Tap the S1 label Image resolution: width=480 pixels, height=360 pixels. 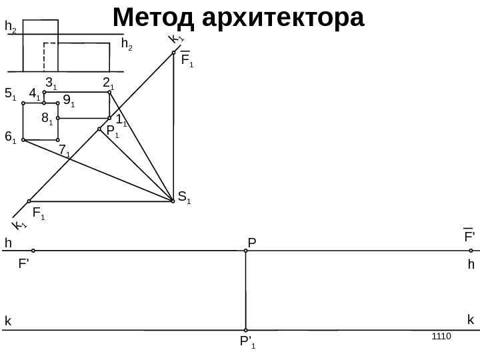pyautogui.click(x=184, y=197)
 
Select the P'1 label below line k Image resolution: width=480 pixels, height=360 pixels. pyautogui.click(x=248, y=343)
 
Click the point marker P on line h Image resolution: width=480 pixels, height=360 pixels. pyautogui.click(x=246, y=251)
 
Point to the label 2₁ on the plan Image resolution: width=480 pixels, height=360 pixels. pyautogui.click(x=108, y=83)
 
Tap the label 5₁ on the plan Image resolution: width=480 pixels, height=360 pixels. pyautogui.click(x=10, y=94)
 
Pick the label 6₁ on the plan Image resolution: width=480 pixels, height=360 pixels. pyautogui.click(x=10, y=137)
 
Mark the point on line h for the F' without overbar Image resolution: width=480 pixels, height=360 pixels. pyautogui.click(x=33, y=251)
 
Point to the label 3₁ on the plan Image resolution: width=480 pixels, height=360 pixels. pyautogui.click(x=51, y=83)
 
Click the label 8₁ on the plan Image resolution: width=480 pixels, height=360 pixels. pyautogui.click(x=47, y=119)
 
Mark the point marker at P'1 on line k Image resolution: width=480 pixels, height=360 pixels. pyautogui.click(x=246, y=330)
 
